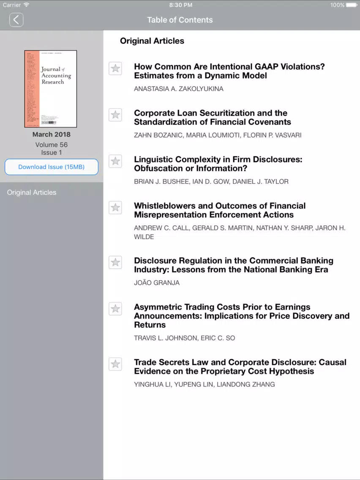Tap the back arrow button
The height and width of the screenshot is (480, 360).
pos(16,20)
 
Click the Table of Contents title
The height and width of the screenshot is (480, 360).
pos(180,20)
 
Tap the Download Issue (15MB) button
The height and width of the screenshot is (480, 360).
pos(51,167)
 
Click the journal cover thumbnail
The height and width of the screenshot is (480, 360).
pos(51,89)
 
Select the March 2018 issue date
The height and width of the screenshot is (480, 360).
pos(52,134)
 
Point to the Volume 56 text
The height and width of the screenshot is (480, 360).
pos(52,145)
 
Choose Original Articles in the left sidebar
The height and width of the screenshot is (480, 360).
pos(32,192)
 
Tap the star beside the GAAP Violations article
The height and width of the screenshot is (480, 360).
pos(115,68)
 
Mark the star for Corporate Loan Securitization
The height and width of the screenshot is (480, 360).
pos(115,115)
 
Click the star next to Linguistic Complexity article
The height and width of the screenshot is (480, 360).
pos(115,161)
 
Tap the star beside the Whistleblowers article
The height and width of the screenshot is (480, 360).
pos(115,208)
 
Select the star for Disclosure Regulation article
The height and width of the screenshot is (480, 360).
pos(115,262)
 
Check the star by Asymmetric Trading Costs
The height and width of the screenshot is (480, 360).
pos(115,309)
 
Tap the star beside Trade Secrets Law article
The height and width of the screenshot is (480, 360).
pos(115,364)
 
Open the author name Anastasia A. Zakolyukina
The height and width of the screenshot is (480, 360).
pos(179,89)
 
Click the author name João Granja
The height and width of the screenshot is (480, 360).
pos(157,283)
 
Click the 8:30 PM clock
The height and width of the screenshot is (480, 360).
pos(180,5)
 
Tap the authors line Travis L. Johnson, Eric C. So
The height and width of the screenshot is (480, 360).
pos(184,338)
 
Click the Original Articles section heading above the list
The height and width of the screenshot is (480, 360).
pos(152,41)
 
